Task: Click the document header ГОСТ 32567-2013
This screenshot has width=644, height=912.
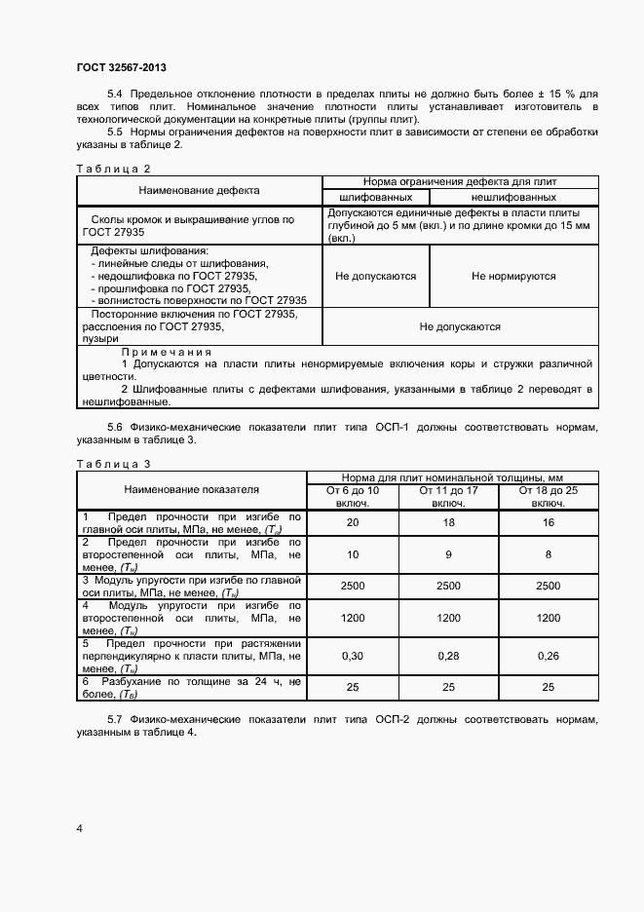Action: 121,67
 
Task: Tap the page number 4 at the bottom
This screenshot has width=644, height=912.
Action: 79,828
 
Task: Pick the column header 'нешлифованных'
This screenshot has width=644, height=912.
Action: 513,196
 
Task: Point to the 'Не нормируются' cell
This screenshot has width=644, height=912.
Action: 513,277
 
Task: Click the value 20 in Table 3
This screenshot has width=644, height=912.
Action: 352,523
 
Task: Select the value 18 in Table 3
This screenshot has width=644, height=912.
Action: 448,523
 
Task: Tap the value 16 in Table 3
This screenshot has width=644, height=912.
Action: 549,523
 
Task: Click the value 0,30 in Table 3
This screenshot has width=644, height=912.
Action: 352,657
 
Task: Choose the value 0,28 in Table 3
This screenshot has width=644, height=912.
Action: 448,657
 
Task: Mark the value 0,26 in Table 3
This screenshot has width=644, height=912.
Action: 549,657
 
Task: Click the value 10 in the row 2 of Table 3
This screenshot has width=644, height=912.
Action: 352,554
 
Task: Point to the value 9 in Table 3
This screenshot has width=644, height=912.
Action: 448,554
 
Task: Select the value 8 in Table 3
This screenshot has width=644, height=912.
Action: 549,554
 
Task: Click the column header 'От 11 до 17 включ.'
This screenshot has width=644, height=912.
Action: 448,497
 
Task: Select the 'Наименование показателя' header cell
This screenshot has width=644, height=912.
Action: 191,489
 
